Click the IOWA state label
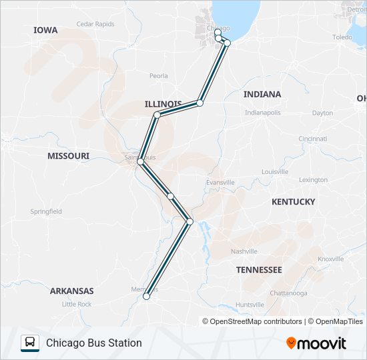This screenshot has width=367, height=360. click(45, 30)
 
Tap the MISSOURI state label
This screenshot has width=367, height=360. click(68, 155)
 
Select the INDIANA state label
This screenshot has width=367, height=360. click(262, 94)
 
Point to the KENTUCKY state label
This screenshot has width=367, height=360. click(293, 201)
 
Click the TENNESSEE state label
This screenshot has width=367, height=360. click(259, 269)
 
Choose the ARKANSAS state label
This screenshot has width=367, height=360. click(71, 291)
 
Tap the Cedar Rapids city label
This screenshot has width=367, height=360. click(95, 24)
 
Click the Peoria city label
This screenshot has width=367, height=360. click(159, 76)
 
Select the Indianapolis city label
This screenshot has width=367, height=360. click(262, 113)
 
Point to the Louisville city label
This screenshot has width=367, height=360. click(275, 171)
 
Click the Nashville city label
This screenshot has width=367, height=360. click(244, 251)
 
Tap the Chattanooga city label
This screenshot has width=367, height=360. click(288, 293)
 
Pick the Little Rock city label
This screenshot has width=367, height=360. click(77, 304)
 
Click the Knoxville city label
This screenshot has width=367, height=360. click(330, 259)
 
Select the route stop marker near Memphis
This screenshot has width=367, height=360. click(147, 296)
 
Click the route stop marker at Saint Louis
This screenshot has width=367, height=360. click(140, 162)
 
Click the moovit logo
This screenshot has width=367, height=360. click(316, 343)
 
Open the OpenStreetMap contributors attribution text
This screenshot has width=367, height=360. click(256, 321)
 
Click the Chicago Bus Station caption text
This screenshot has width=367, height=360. click(94, 343)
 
